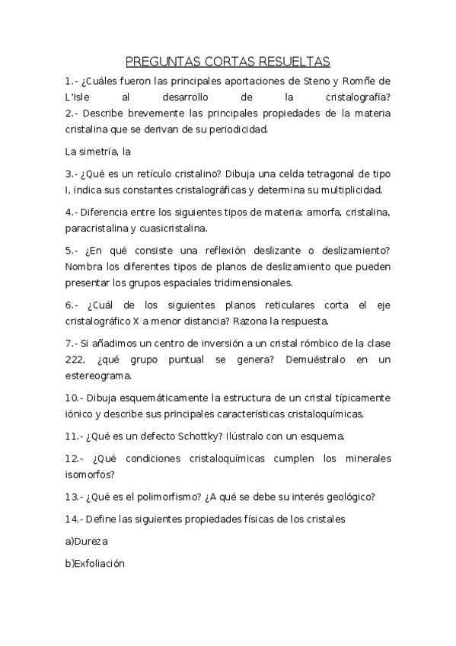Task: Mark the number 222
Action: [x=78, y=359]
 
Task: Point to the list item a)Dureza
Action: [x=87, y=541]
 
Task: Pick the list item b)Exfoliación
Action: [x=94, y=563]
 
